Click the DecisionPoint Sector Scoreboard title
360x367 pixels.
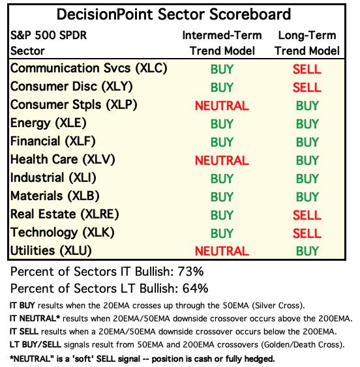pyautogui.click(x=173, y=14)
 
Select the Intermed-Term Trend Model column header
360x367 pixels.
pyautogui.click(x=222, y=43)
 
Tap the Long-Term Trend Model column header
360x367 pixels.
pyautogui.click(x=307, y=43)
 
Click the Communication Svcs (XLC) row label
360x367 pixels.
pyautogui.click(x=89, y=68)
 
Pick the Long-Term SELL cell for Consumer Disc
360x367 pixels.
pyautogui.click(x=307, y=87)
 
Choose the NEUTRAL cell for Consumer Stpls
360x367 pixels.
pyautogui.click(x=222, y=106)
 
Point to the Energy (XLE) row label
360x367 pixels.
pyautogui.click(x=48, y=123)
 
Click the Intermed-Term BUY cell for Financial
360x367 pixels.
pyautogui.click(x=222, y=142)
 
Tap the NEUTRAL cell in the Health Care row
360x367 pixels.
pyautogui.click(x=222, y=160)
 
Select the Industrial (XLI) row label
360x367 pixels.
pyautogui.click(x=53, y=178)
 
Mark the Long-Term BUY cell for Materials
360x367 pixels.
pyautogui.click(x=307, y=197)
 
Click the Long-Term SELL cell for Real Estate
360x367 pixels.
pyautogui.click(x=307, y=215)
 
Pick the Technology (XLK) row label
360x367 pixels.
pyautogui.click(x=63, y=233)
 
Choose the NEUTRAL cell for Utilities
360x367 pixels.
pyautogui.click(x=222, y=251)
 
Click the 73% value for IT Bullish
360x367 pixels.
pyautogui.click(x=190, y=272)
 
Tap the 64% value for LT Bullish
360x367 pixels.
pyautogui.click(x=195, y=288)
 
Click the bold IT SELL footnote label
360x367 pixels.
pyautogui.click(x=24, y=332)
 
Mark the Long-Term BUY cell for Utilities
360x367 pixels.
pyautogui.click(x=307, y=251)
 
